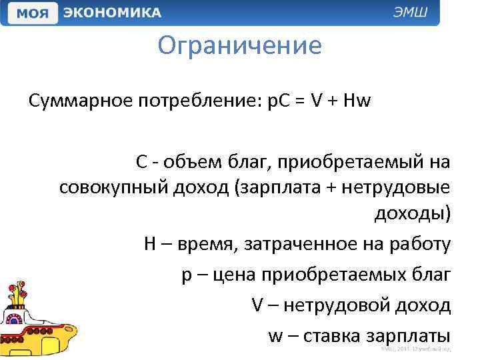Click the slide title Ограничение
[x=240, y=46]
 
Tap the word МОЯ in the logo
[x=31, y=13]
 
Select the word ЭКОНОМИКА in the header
[x=112, y=13]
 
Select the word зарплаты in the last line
[x=407, y=335]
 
